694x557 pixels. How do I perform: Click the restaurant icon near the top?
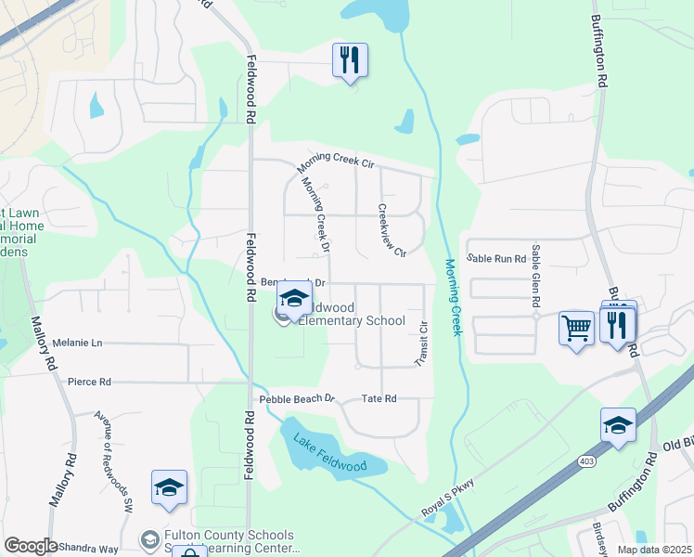350,61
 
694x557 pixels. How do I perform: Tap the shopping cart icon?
576,328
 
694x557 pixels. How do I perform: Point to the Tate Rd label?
379,398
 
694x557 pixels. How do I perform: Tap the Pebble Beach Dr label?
296,397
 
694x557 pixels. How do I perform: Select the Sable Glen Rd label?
535,277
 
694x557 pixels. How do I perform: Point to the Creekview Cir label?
392,230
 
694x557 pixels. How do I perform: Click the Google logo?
30,546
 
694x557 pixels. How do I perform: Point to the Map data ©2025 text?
653,550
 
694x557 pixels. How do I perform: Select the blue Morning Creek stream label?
453,297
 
